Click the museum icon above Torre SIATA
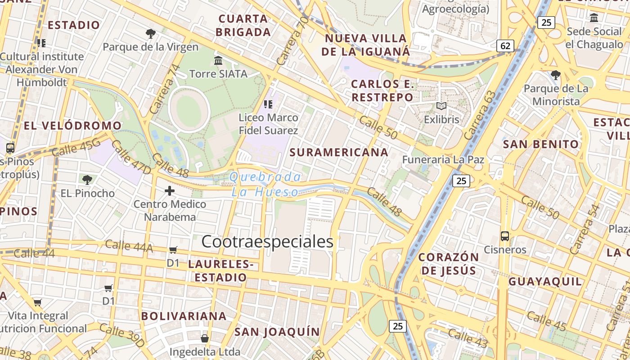tap(218, 60)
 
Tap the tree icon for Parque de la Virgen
tap(151, 33)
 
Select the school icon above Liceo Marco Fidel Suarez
tap(268, 104)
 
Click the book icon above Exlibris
tap(441, 106)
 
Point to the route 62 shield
tap(505, 45)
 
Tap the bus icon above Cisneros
tap(505, 236)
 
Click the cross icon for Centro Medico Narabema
tap(170, 191)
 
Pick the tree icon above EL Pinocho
tap(87, 180)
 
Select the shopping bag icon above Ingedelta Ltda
tap(205, 338)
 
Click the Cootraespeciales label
tap(267, 242)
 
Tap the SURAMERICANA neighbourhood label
tap(339, 152)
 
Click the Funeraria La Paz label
tap(443, 159)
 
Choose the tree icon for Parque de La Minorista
tap(556, 75)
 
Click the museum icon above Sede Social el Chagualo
tap(594, 18)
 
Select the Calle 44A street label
tap(129, 246)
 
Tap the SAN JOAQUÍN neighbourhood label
tap(277, 332)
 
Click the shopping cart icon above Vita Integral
tap(38, 302)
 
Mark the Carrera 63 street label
tap(480, 116)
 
